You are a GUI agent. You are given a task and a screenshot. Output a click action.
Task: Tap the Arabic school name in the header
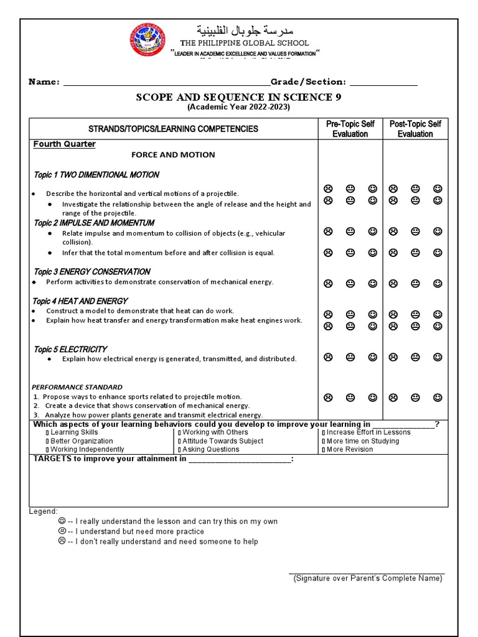tap(244, 30)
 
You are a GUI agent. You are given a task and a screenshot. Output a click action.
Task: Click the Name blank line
tap(166, 82)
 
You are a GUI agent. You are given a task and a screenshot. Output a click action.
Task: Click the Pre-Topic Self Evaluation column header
tap(350, 129)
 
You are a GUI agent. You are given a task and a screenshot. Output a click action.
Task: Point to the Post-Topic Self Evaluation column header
tap(415, 129)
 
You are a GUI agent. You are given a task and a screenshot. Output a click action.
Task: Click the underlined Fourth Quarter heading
tap(65, 144)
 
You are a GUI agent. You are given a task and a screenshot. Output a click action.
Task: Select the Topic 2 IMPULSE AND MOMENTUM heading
tap(94, 223)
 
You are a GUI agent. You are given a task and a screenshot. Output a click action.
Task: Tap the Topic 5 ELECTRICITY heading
tap(70, 349)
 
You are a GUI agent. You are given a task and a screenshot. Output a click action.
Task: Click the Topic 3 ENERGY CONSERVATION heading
tap(91, 271)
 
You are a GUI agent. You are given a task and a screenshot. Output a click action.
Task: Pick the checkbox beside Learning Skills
tap(47, 432)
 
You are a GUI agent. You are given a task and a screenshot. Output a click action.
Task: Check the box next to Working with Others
tap(179, 432)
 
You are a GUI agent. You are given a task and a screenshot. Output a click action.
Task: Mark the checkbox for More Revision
tap(324, 450)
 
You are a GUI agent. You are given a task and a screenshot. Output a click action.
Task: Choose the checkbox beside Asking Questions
tap(179, 450)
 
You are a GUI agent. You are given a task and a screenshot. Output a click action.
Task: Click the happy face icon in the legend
tap(62, 521)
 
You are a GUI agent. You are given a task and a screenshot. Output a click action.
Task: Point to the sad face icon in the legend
tap(62, 541)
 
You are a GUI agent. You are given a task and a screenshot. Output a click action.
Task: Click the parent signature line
tap(367, 572)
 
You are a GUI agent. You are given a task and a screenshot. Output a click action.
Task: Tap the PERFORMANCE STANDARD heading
tap(77, 387)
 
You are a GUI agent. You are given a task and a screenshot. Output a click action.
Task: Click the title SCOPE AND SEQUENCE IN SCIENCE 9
tap(238, 97)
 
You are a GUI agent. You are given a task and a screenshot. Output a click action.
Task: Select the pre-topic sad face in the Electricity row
tap(328, 357)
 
